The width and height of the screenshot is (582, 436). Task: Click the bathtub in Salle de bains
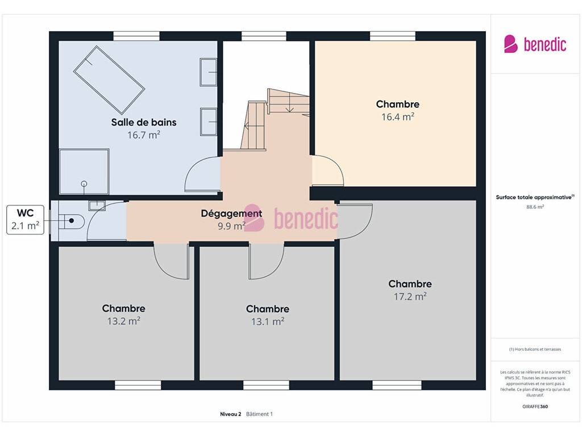click(109, 79)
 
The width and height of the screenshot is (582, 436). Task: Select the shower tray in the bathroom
click(84, 171)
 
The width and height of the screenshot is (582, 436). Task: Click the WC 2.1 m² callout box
click(25, 220)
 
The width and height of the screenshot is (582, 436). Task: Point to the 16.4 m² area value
click(397, 117)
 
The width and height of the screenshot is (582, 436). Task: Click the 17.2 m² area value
click(410, 296)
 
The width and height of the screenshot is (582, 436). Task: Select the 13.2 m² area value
click(123, 321)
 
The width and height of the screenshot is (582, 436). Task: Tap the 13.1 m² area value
click(268, 321)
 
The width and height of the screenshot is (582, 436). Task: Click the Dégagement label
click(232, 213)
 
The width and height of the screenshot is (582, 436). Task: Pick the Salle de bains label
click(144, 123)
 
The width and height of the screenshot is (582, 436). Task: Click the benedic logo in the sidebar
click(535, 44)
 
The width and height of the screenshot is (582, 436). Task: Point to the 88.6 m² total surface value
click(535, 207)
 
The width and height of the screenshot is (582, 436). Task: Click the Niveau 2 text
click(231, 414)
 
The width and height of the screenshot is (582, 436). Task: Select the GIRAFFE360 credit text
click(535, 406)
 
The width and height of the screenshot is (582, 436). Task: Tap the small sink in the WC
click(97, 205)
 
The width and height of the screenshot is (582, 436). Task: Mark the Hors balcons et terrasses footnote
click(535, 349)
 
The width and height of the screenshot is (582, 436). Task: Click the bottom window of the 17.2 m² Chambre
click(397, 385)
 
